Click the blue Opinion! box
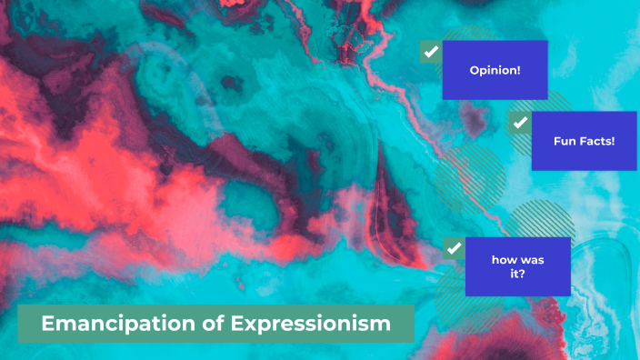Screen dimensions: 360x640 (495, 69)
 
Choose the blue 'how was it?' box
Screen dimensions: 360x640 (517, 266)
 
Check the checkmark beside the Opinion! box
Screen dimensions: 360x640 (431, 51)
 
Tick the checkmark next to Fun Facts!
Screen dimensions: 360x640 (520, 122)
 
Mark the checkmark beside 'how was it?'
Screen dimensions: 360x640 (454, 247)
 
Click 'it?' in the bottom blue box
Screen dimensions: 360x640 (518, 274)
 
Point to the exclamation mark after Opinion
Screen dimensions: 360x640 (518, 70)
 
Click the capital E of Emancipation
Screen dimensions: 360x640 (48, 324)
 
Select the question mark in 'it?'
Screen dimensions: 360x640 (525, 274)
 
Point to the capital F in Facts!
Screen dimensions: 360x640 (584, 142)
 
